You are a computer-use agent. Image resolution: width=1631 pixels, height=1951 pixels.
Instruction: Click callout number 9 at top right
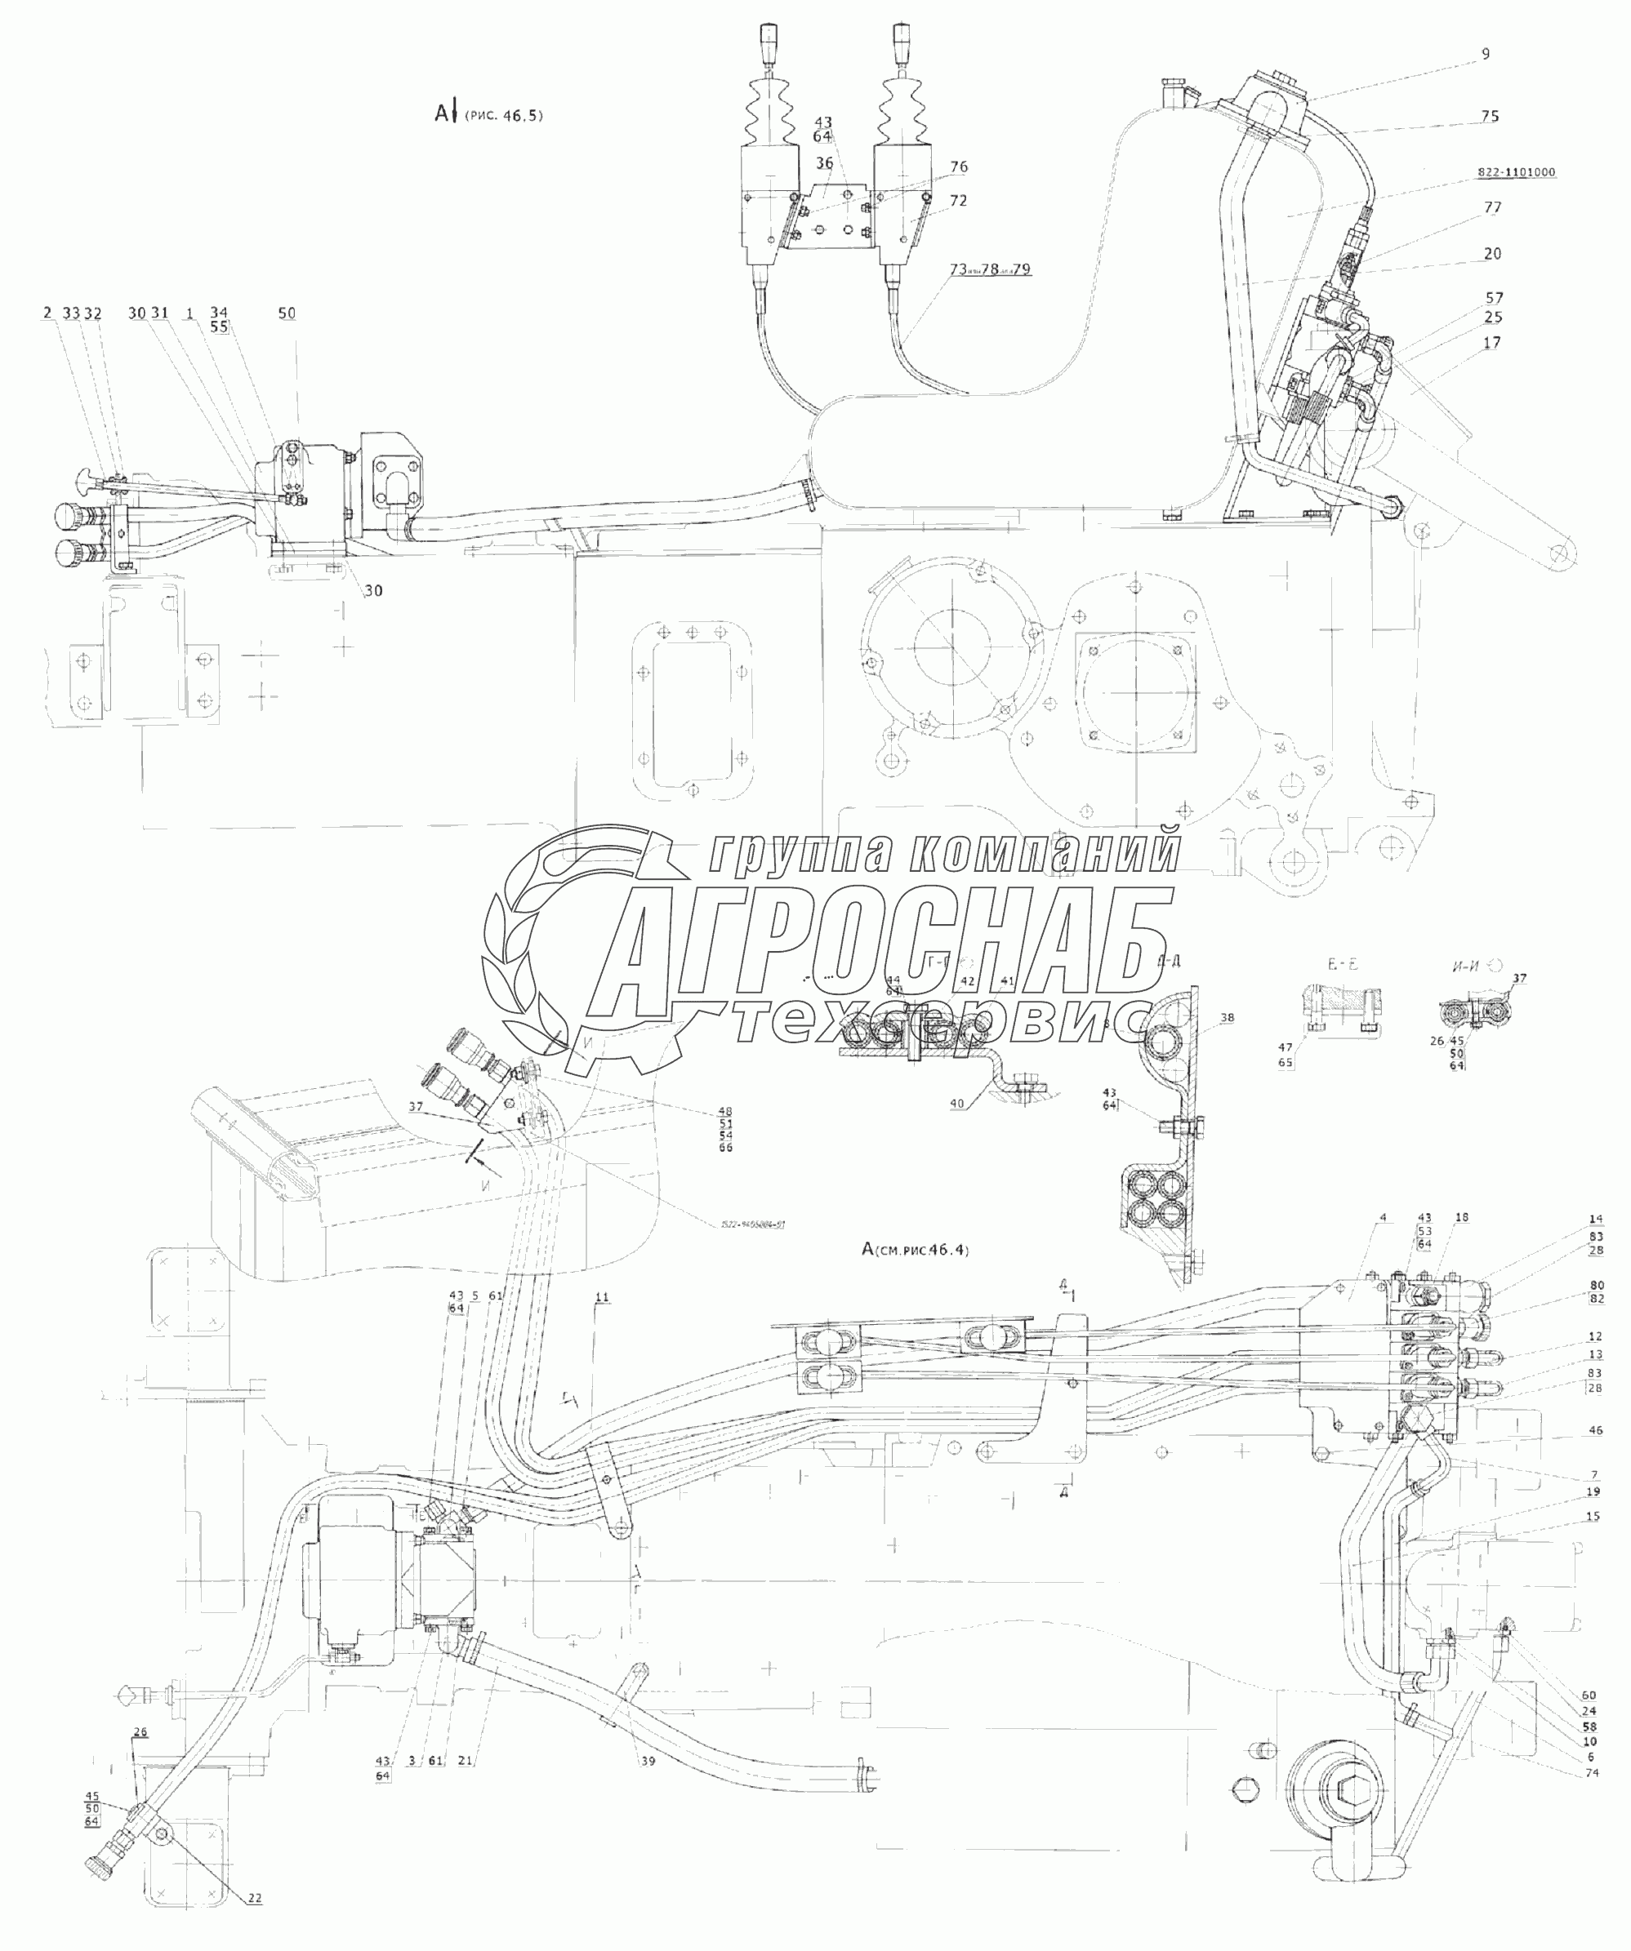pyautogui.click(x=1485, y=54)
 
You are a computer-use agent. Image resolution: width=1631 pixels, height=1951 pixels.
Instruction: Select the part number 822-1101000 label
pyautogui.click(x=1516, y=172)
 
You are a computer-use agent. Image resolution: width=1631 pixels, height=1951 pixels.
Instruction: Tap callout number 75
pyautogui.click(x=1490, y=116)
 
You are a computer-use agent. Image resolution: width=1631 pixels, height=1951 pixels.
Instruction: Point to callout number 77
pyautogui.click(x=1492, y=207)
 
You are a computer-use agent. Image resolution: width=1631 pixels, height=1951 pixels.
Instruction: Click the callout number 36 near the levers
pyautogui.click(x=824, y=163)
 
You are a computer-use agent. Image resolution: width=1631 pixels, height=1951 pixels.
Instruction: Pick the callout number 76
pyautogui.click(x=958, y=167)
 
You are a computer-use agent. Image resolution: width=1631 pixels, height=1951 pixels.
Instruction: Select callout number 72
pyautogui.click(x=958, y=201)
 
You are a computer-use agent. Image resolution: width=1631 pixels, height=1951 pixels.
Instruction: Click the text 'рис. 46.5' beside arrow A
pyautogui.click(x=504, y=115)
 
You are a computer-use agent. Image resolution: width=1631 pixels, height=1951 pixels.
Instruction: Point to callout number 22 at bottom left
pyautogui.click(x=255, y=1918)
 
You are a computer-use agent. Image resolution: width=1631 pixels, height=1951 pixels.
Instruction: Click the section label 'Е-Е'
pyautogui.click(x=1340, y=965)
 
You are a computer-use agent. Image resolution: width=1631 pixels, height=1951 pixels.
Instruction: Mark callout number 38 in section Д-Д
pyautogui.click(x=1227, y=1018)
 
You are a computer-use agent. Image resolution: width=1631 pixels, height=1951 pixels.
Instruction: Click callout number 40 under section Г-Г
pyautogui.click(x=957, y=1104)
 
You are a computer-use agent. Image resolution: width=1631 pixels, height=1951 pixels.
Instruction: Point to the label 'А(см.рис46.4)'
pyautogui.click(x=916, y=1250)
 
